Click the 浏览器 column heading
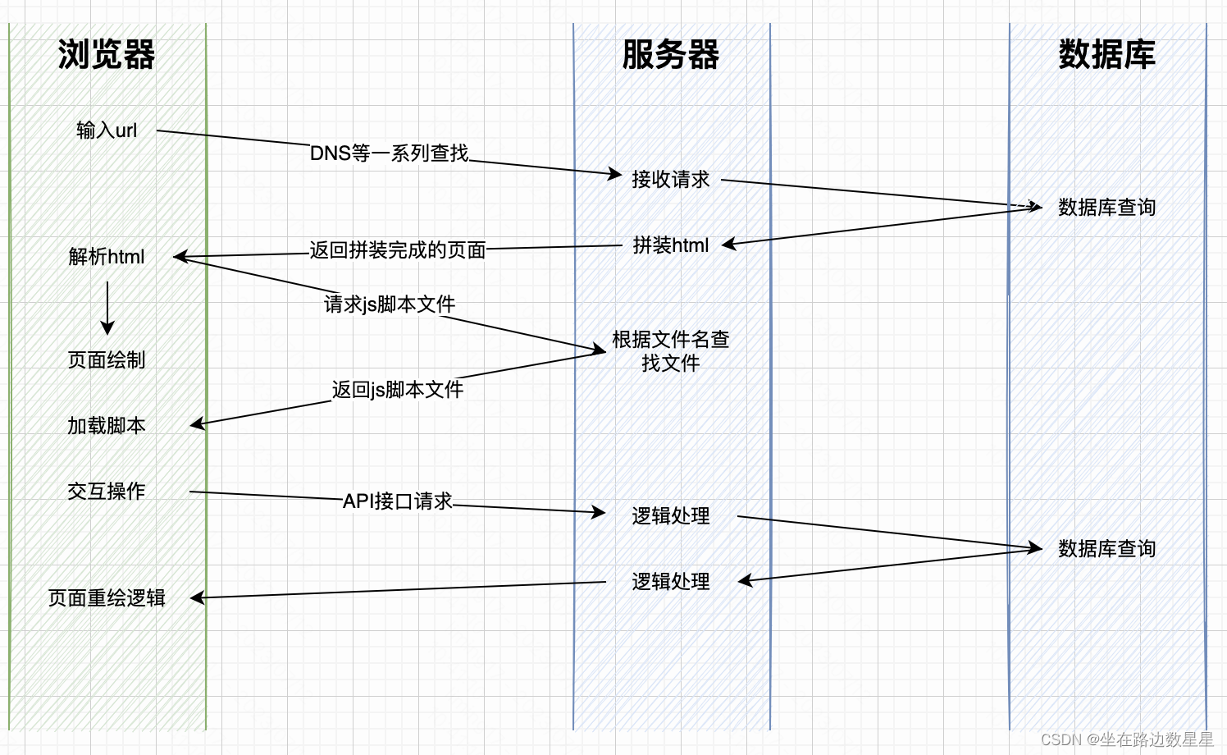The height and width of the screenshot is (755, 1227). [107, 55]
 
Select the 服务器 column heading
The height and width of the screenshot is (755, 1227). [671, 55]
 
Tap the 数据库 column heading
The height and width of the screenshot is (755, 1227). [1106, 55]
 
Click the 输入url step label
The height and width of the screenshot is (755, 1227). [107, 130]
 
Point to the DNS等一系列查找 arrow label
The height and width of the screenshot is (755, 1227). [389, 153]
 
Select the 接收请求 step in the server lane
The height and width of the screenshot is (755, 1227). [670, 179]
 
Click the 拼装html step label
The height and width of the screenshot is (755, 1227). [670, 245]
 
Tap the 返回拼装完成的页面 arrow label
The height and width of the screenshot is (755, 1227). [398, 249]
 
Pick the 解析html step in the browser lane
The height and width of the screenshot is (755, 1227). [107, 257]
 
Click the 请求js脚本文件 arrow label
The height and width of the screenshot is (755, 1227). [390, 304]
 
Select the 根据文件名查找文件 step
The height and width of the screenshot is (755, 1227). [670, 351]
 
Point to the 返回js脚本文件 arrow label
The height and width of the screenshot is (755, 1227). [398, 390]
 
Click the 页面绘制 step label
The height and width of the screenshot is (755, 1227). [107, 359]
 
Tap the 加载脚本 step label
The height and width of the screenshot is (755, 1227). [107, 425]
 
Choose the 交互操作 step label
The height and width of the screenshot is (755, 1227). [107, 491]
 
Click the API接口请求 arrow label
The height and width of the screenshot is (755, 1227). [398, 501]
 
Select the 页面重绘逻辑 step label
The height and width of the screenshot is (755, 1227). [107, 597]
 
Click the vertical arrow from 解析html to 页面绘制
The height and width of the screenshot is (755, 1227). [107, 309]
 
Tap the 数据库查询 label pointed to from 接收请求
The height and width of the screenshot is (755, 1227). [1106, 207]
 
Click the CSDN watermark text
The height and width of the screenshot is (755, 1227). [1126, 739]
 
